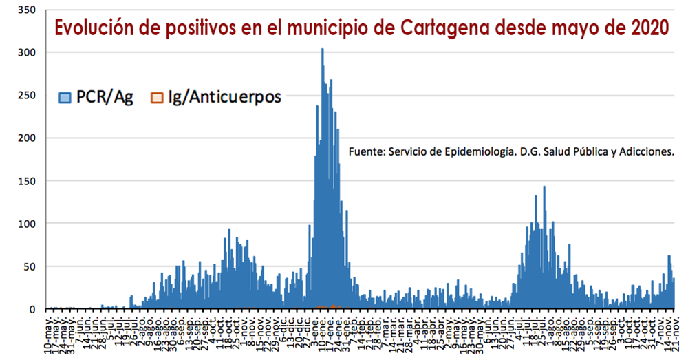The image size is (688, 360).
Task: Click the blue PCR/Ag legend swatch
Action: pos(65,98)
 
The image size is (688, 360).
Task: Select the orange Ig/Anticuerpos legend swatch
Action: pos(157,98)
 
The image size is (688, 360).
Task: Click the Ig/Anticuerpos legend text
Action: pos(225,98)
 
